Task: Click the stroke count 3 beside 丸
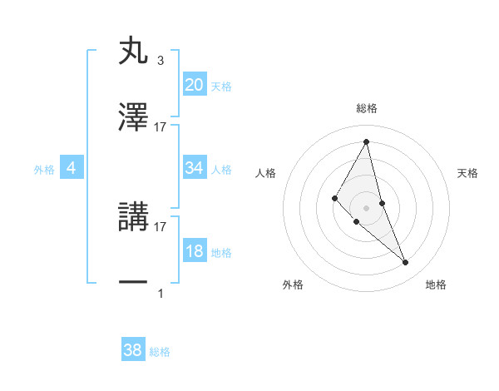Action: [160, 61]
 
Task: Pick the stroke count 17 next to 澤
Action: [161, 127]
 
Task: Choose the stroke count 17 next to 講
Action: [161, 226]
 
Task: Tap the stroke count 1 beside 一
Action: [161, 293]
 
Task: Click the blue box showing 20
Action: [195, 85]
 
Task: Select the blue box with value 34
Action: [195, 168]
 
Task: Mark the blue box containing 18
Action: [195, 251]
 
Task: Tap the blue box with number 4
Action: [72, 168]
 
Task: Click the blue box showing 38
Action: [133, 351]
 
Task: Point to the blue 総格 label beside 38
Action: [160, 352]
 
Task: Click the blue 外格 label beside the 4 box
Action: [44, 169]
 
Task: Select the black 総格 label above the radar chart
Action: [366, 108]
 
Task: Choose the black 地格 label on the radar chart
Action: [436, 285]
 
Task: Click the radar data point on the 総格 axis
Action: [366, 141]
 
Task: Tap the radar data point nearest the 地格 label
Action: [406, 262]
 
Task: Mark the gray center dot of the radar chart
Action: [366, 207]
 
